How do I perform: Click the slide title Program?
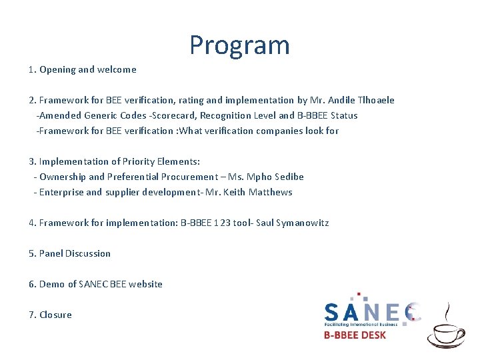[239, 45]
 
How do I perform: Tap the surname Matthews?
[270, 192]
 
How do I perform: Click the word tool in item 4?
[243, 223]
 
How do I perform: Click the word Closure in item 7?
[55, 315]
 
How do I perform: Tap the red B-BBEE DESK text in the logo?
[355, 335]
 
